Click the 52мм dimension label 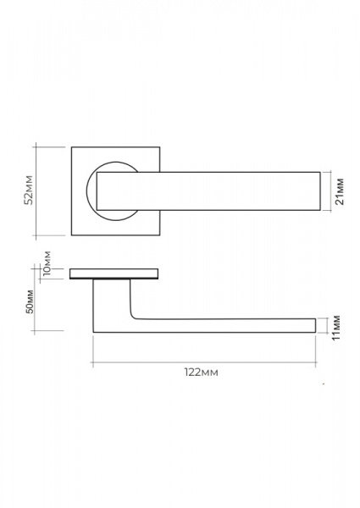point(29,190)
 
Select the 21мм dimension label point(340,191)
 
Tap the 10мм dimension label point(47,263)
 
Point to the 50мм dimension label point(30,301)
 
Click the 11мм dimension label point(336,327)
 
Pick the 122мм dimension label point(201,373)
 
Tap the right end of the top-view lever point(320,191)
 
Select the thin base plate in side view point(114,273)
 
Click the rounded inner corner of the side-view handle point(133,316)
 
